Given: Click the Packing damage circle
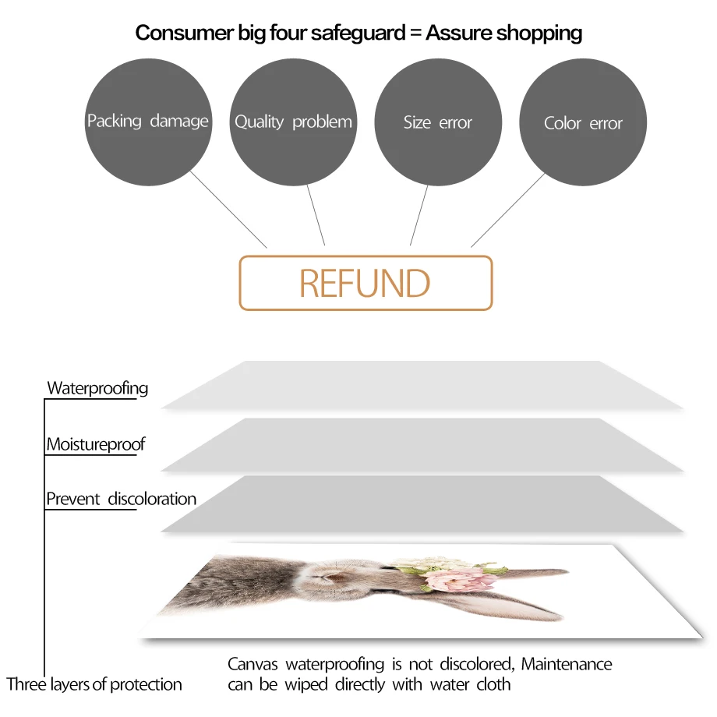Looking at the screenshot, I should click(x=148, y=122).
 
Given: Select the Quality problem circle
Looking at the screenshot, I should click(x=293, y=122).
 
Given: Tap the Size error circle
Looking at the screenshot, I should click(x=438, y=122).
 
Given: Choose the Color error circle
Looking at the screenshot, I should click(x=583, y=123).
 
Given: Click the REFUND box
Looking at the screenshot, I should click(x=366, y=283).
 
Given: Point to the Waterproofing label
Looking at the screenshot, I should click(x=97, y=388).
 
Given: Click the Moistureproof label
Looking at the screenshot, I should click(x=96, y=445).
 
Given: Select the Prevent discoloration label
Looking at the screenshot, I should click(x=121, y=499).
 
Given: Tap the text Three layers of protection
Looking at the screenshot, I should click(x=94, y=685).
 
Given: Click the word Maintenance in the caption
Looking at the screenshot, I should click(x=567, y=665).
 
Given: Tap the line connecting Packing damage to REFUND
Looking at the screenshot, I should click(x=230, y=210).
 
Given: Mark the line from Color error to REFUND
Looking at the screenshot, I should click(x=507, y=210).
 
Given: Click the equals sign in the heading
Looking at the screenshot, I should click(x=414, y=34).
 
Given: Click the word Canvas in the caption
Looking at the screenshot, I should click(x=253, y=665).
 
